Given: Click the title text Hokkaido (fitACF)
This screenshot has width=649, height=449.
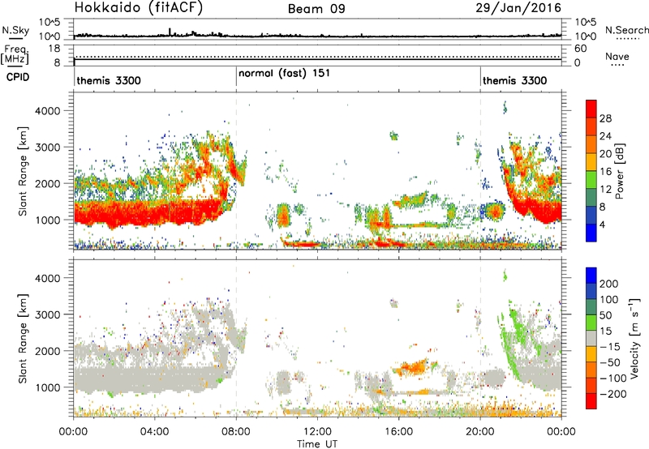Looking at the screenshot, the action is click(x=139, y=7).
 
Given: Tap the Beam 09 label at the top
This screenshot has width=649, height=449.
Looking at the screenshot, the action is click(x=316, y=9).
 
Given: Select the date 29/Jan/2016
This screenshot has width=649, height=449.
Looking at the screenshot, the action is click(x=518, y=8).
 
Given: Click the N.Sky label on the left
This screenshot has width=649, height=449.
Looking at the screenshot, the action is click(x=15, y=30).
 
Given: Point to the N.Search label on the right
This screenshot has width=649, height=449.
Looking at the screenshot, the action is click(x=626, y=30).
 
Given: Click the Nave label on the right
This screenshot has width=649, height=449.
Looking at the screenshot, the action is click(x=617, y=56).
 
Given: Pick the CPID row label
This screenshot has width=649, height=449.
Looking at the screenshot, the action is click(x=18, y=77).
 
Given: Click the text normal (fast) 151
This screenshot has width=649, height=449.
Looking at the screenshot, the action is click(x=285, y=73).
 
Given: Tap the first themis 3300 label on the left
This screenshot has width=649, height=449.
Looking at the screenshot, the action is click(x=109, y=80).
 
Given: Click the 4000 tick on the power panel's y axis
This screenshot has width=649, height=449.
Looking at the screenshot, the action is click(x=47, y=111).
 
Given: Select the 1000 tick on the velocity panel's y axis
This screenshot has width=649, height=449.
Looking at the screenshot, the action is click(x=47, y=387).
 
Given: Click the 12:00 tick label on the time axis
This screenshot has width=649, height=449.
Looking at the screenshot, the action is click(x=317, y=432).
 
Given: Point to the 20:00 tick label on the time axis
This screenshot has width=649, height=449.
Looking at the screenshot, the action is click(x=480, y=432).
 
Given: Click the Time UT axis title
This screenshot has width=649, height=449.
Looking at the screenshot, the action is click(x=317, y=443).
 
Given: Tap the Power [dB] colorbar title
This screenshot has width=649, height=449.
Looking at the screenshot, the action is click(x=619, y=171).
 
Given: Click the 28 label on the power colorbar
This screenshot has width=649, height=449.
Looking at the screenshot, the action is click(x=605, y=118).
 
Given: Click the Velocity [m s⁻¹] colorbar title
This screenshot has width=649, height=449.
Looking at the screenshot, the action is click(x=634, y=338).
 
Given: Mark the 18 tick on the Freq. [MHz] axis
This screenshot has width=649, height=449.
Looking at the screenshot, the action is click(x=54, y=49).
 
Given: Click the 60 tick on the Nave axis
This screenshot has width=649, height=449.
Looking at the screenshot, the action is click(x=580, y=49).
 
